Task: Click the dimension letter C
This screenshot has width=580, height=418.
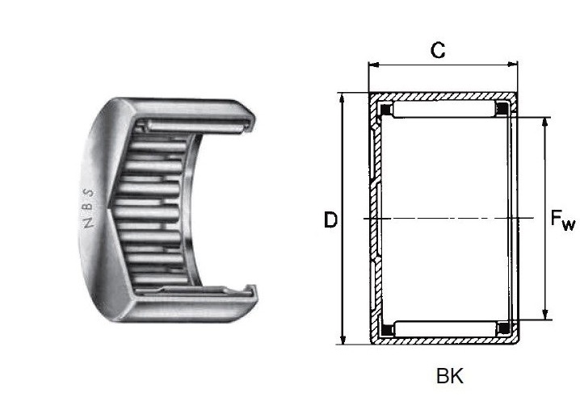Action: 438,50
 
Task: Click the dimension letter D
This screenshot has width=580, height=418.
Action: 330,220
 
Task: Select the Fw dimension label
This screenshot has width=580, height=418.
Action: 563,220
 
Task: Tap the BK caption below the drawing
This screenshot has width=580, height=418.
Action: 450,376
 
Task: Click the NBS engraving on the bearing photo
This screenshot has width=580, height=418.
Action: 88,208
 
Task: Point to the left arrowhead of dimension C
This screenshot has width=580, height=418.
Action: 373,65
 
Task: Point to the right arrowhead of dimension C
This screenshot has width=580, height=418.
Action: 513,65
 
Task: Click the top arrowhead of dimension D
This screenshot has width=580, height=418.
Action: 343,98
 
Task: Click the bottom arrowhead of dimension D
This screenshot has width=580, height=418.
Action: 343,339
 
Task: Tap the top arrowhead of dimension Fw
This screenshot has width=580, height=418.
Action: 544,123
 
